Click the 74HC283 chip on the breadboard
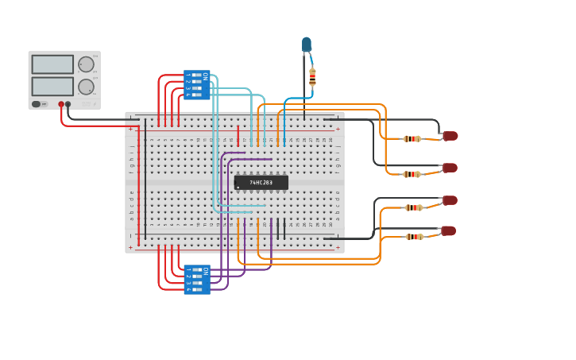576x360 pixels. pos(261,182)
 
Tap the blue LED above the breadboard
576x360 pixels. pos(307,45)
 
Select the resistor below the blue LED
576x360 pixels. pos(312,76)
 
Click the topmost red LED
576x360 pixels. pos(450,136)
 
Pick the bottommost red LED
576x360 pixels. pos(449,230)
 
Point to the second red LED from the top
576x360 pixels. pos(450,168)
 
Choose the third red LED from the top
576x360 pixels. pos(450,200)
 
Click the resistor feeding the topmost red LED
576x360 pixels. pos(412,139)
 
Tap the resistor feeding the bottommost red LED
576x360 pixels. pos(414,236)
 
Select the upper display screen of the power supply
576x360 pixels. pos(52,64)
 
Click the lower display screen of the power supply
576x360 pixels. pos(52,86)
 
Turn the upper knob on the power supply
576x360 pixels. pos(86,64)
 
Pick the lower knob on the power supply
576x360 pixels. pos(86,87)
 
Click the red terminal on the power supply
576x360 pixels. pos(61,104)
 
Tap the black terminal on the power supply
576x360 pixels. pos(68,104)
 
